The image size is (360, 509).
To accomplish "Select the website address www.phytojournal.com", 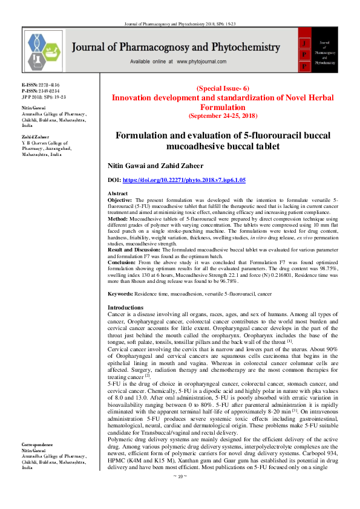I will (206, 62).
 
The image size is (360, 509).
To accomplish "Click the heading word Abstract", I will (117, 193).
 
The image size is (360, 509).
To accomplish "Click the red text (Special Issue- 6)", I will (223, 88).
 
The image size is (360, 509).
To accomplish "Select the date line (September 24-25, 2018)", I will (223, 114).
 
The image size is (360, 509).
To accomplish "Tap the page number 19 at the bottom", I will (180, 493).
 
